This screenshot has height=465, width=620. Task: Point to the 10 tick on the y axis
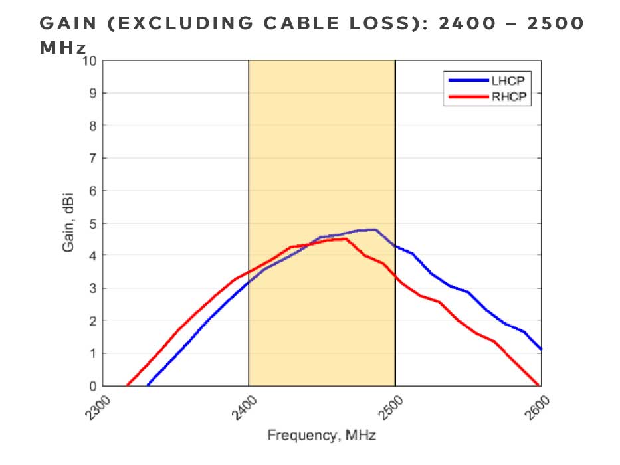coord(90,61)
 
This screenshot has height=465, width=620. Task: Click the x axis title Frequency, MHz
coord(322,436)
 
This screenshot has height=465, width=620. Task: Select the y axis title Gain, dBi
coord(68,224)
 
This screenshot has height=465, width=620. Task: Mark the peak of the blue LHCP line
coord(375,229)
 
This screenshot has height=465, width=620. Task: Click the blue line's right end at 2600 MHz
coord(541,349)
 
